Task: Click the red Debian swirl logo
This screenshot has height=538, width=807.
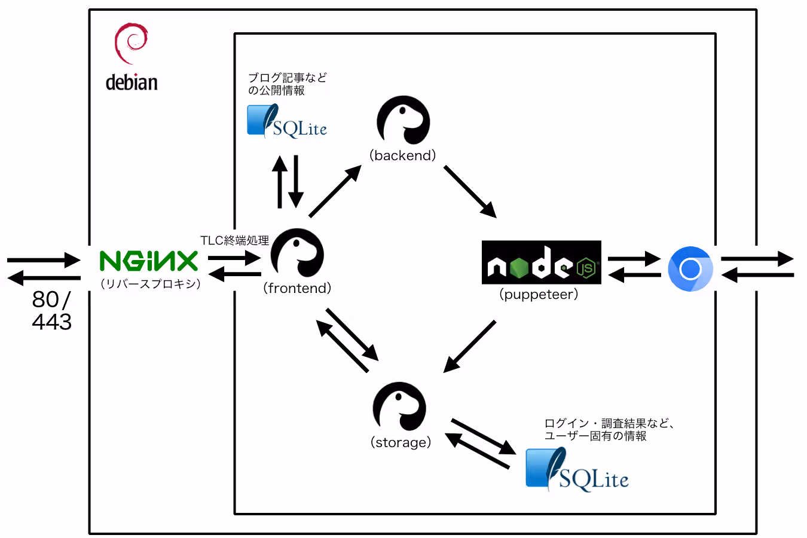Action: [131, 43]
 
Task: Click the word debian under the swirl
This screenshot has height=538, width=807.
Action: [132, 82]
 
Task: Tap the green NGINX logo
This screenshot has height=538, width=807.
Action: [149, 261]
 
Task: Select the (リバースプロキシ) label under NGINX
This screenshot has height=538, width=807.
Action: [150, 284]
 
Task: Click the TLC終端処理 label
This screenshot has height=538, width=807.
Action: [234, 240]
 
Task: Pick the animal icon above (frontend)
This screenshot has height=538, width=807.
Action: [297, 253]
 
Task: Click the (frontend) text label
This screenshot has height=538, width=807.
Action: [297, 288]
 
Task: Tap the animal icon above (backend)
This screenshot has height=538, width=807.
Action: [403, 120]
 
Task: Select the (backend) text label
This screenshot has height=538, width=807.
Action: [402, 155]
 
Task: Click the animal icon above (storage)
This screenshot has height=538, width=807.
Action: [399, 406]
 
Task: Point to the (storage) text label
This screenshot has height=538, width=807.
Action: [401, 442]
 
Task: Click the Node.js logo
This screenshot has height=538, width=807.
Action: [542, 262]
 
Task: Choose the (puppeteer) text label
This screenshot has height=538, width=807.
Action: [539, 294]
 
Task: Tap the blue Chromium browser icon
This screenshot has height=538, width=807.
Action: [690, 268]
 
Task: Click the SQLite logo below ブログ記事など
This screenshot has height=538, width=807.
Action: [287, 121]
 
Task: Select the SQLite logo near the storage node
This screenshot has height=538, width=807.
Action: [577, 470]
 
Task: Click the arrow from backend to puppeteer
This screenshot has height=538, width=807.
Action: [470, 191]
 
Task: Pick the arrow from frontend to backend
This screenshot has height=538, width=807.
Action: [335, 191]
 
